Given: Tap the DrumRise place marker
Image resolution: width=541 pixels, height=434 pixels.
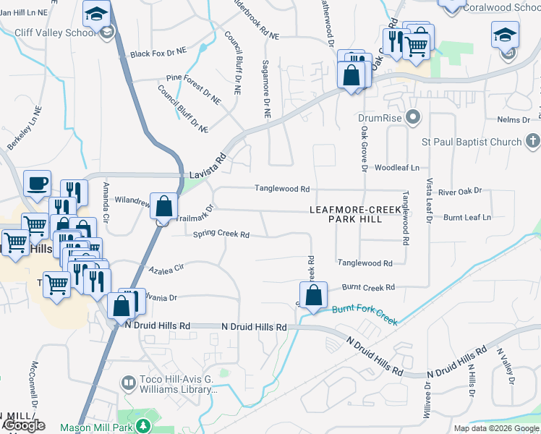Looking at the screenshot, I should coord(413,116).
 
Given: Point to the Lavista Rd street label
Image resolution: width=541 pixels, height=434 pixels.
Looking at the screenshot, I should coord(208,166).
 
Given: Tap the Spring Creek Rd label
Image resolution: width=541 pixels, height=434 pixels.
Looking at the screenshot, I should coord(221,234).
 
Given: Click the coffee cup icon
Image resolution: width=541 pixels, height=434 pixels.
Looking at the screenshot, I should coord(37,183).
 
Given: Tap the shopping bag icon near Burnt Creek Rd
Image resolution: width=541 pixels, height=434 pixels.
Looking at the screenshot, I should coord(313,294).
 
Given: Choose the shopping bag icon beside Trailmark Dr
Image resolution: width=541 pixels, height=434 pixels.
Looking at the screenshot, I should coord(164,205).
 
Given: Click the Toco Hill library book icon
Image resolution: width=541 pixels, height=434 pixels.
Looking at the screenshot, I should coord(128,381).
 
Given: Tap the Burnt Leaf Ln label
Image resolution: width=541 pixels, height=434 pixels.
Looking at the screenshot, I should coord(467,217).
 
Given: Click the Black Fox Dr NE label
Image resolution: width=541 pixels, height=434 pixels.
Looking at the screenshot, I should coord(158,54).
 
